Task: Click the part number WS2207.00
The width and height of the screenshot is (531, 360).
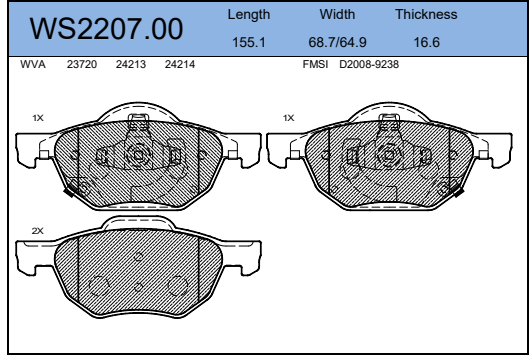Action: point(106,29)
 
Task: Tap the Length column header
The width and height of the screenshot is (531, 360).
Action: point(249,15)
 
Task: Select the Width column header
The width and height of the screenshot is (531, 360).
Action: point(337,14)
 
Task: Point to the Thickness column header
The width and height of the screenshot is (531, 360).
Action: point(426,14)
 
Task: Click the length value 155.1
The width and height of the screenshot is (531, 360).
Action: point(249,42)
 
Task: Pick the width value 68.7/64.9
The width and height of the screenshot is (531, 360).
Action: point(337,42)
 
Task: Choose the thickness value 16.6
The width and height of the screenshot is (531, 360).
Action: point(427,42)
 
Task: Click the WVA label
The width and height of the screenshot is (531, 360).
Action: point(33,64)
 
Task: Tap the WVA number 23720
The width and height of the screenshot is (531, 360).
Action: point(82,64)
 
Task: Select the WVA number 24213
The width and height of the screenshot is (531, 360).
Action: point(131,64)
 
